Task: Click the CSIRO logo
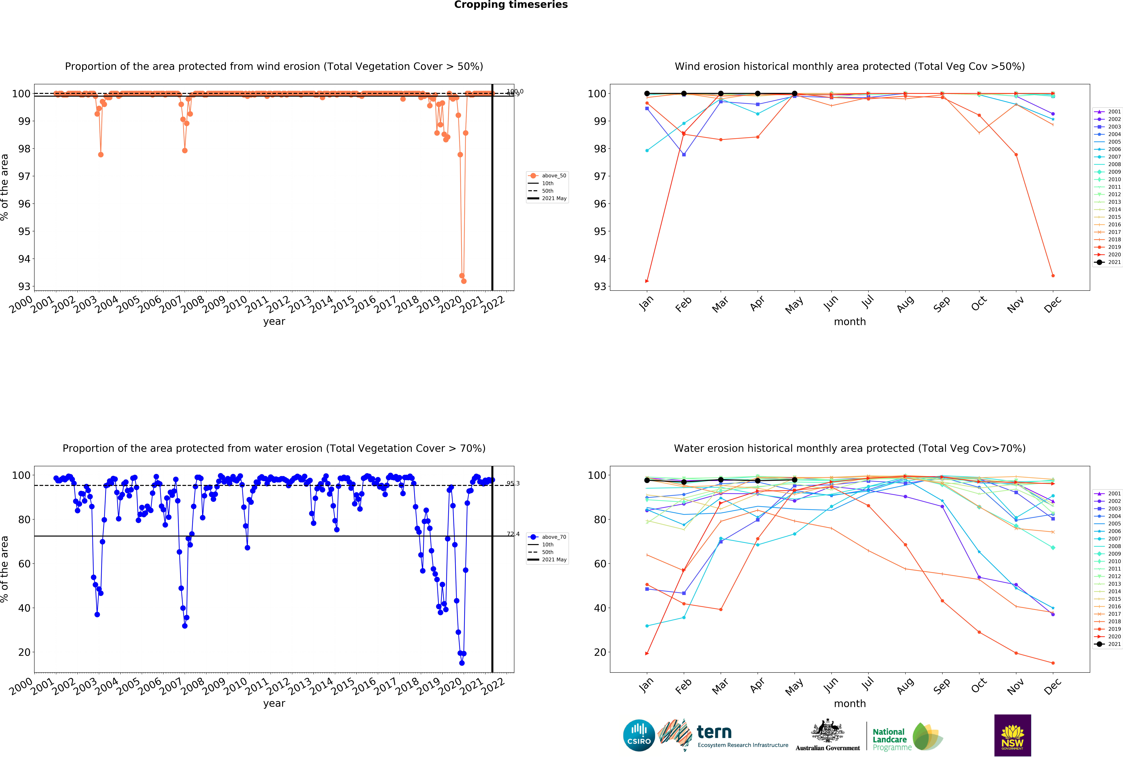pyautogui.click(x=639, y=735)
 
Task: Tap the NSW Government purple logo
pyautogui.click(x=1012, y=735)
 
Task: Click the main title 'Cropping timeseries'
pyautogui.click(x=511, y=5)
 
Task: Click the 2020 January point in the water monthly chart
pyautogui.click(x=647, y=653)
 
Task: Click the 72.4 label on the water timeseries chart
pyautogui.click(x=513, y=534)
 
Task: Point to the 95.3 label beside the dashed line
pyautogui.click(x=513, y=483)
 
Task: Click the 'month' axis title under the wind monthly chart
pyautogui.click(x=849, y=322)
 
